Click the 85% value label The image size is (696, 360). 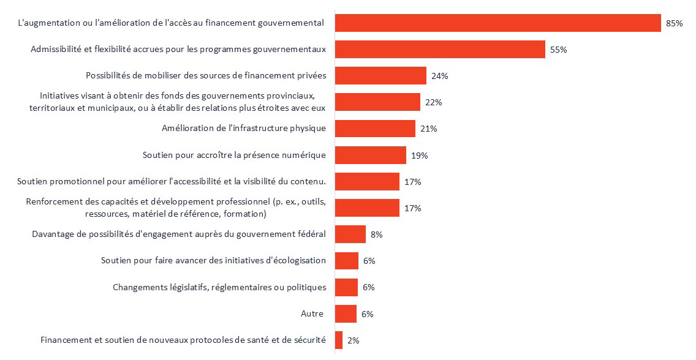pyautogui.click(x=674, y=23)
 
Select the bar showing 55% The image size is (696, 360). pyautogui.click(x=440, y=50)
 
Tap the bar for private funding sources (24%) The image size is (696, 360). pyautogui.click(x=380, y=76)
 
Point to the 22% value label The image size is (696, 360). pyautogui.click(x=433, y=102)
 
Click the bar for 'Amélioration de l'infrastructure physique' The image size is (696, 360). pyautogui.click(x=375, y=129)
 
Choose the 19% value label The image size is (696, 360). pyautogui.click(x=419, y=156)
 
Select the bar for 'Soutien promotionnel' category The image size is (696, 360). pyautogui.click(x=367, y=182)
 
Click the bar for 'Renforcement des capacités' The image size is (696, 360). pyautogui.click(x=367, y=208)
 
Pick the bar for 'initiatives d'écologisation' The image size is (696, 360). pyautogui.click(x=347, y=261)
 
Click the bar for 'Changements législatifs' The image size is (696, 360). pyautogui.click(x=346, y=287)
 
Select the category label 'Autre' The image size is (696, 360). pyautogui.click(x=312, y=314)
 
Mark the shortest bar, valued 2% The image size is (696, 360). pyautogui.click(x=339, y=340)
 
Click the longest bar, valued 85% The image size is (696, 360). pyautogui.click(x=497, y=23)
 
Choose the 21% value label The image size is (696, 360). pyautogui.click(x=428, y=129)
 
